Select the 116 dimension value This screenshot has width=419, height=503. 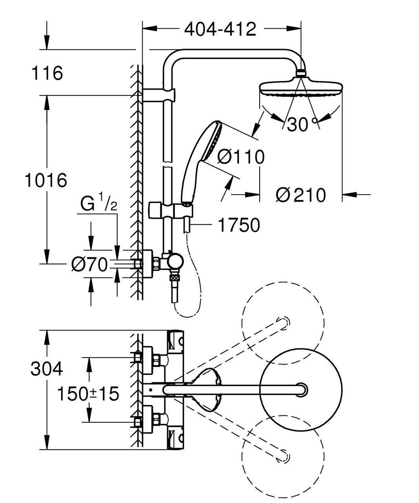pyautogui.click(x=47, y=73)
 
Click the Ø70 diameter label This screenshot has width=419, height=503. pyautogui.click(x=90, y=265)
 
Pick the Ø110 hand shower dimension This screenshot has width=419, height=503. pyautogui.click(x=241, y=157)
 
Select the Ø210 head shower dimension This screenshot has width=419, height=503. pyautogui.click(x=300, y=195)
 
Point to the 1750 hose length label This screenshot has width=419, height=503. pyautogui.click(x=238, y=225)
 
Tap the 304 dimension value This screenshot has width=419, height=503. pyautogui.click(x=47, y=369)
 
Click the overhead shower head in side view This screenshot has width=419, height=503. pyautogui.click(x=301, y=87)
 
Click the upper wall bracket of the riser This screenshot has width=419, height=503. pyautogui.click(x=159, y=95)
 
